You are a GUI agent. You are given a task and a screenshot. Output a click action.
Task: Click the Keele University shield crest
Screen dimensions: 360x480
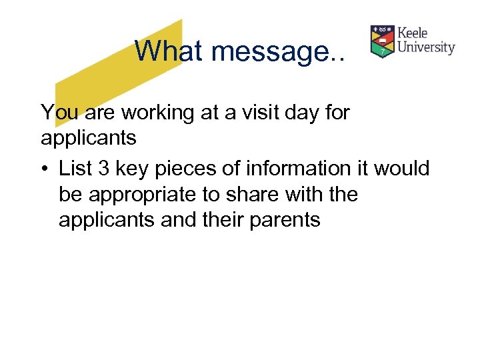(x=382, y=41)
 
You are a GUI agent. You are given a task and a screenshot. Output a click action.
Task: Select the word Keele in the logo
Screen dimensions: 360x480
(x=413, y=33)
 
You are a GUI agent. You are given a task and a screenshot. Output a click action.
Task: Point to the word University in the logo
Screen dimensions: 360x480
(x=426, y=48)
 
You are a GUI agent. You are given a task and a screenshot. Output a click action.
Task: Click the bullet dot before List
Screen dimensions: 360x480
(x=45, y=168)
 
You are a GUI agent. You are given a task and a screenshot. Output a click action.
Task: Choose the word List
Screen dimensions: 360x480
(x=75, y=168)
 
